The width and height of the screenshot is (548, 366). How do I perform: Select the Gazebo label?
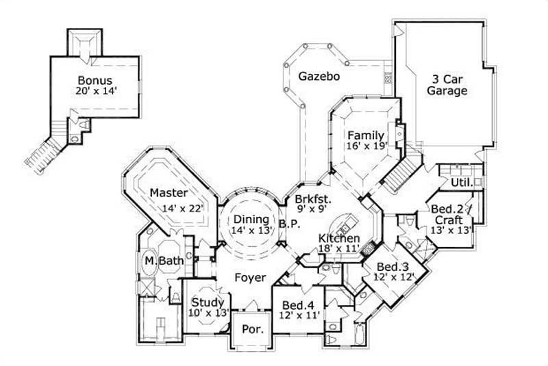coord(319,77)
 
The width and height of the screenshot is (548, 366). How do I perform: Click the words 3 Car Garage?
coord(447,84)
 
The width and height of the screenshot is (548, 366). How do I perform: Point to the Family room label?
coord(363,134)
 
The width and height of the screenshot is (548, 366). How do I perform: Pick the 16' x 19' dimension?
coord(367,145)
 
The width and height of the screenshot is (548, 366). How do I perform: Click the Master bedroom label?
coord(169,194)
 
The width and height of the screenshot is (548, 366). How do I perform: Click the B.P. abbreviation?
coord(286,223)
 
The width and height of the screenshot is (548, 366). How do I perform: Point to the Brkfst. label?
coord(313,200)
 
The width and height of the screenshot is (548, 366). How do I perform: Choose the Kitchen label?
coord(339,238)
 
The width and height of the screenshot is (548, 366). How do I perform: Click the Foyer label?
coord(250,278)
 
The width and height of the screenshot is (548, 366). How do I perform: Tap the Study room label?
coord(208,302)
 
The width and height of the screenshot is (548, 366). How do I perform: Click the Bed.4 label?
coord(297,305)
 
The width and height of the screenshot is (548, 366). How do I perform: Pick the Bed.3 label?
coord(390,267)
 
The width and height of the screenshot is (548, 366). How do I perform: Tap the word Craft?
coord(449,220)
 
